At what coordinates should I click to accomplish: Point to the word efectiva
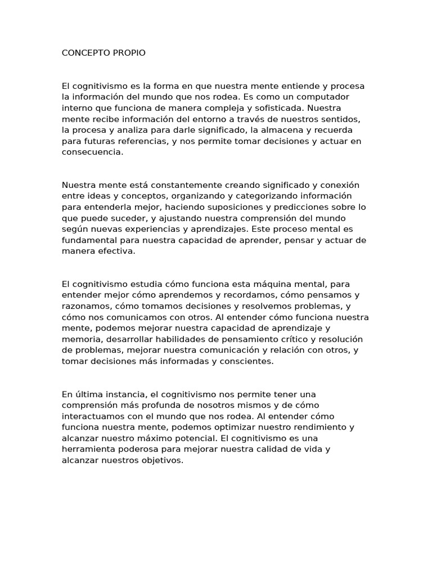pyautogui.click(x=117, y=251)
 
